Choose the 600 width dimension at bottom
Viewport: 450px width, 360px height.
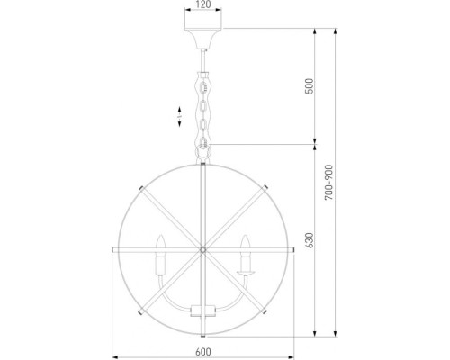[205, 353]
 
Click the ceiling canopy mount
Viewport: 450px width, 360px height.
[205, 41]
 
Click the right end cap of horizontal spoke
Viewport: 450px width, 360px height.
[296, 247]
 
